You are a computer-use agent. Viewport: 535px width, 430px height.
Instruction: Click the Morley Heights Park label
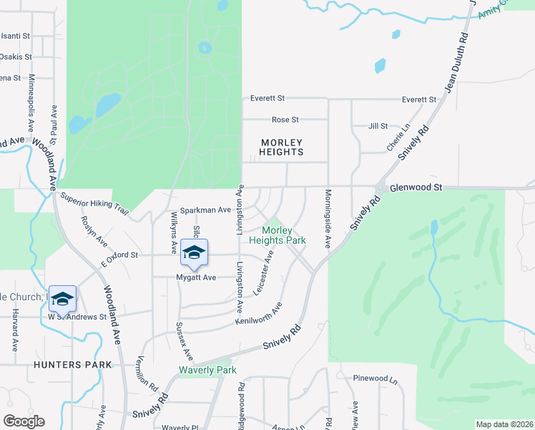pyautogui.click(x=283, y=235)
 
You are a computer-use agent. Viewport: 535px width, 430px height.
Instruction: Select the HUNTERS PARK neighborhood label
pyautogui.click(x=73, y=365)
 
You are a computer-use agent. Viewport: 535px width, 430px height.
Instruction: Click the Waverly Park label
pyautogui.click(x=207, y=371)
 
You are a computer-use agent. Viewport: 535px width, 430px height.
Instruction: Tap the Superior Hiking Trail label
pyautogui.click(x=94, y=204)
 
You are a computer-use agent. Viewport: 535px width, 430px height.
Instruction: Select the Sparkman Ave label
pyautogui.click(x=205, y=210)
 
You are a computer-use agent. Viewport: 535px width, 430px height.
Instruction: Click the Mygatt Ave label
pyautogui.click(x=196, y=277)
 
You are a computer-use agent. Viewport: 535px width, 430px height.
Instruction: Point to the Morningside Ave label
pyautogui.click(x=328, y=219)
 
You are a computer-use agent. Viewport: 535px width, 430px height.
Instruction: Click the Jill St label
pyautogui.click(x=377, y=125)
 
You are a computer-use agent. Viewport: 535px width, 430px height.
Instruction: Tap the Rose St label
pyautogui.click(x=285, y=120)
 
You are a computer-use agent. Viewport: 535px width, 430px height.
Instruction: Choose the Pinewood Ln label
pyautogui.click(x=375, y=378)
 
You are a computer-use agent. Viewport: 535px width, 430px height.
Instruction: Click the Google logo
pyautogui.click(x=24, y=421)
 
